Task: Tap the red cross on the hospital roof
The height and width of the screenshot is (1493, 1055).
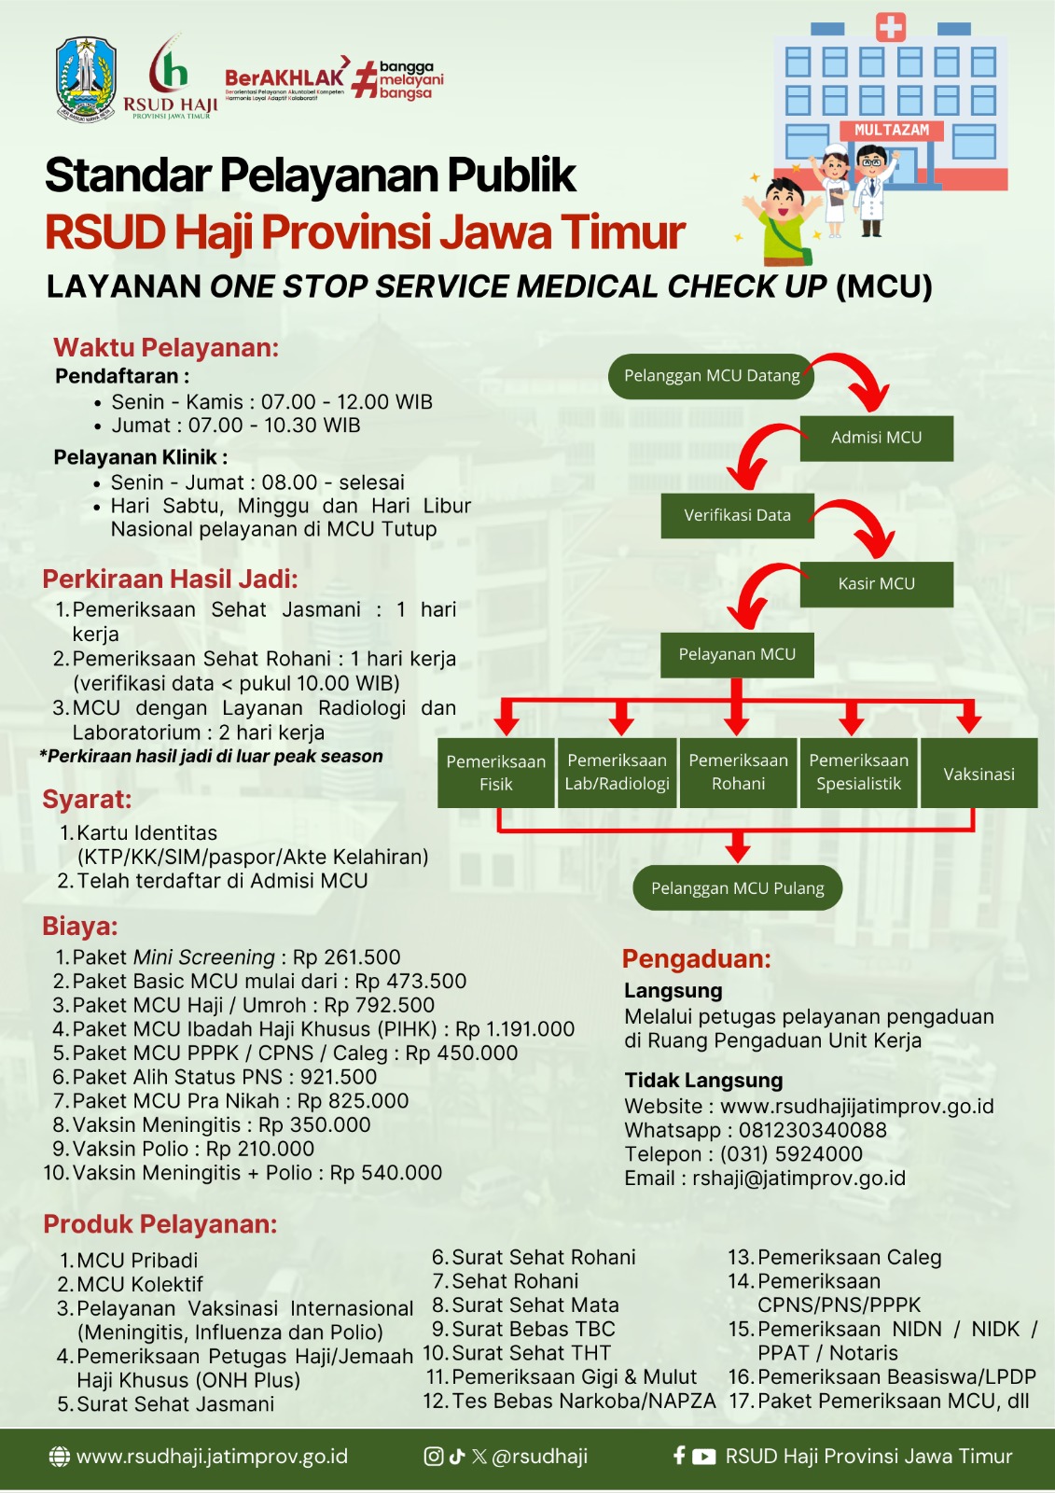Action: pyautogui.click(x=891, y=27)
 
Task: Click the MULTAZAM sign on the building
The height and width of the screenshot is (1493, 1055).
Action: pyautogui.click(x=892, y=131)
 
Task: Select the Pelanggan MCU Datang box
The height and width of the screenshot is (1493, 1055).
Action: pyautogui.click(x=712, y=376)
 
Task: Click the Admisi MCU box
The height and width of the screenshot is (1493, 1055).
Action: pyautogui.click(x=876, y=438)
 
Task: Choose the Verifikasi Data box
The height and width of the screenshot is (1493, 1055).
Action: pyautogui.click(x=737, y=515)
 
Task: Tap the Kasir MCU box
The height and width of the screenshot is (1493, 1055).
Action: pyautogui.click(x=876, y=584)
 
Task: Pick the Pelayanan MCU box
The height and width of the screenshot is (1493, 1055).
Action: pyautogui.click(x=737, y=654)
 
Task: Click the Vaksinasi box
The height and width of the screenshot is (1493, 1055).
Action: pyautogui.click(x=979, y=774)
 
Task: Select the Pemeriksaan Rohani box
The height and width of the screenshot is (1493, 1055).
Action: pyautogui.click(x=738, y=773)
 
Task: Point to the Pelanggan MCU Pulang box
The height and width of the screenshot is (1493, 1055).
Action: pyautogui.click(x=737, y=888)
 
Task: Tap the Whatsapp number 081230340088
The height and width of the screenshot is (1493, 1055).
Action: pyautogui.click(x=812, y=1130)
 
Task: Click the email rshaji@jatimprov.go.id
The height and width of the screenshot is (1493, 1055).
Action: pyautogui.click(x=798, y=1179)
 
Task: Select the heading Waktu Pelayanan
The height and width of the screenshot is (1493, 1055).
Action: pyautogui.click(x=166, y=348)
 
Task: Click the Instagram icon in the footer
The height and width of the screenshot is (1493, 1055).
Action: pyautogui.click(x=434, y=1457)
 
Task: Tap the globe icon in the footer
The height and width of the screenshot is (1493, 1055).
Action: pyautogui.click(x=59, y=1457)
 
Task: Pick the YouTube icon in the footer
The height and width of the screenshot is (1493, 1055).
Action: pyautogui.click(x=704, y=1457)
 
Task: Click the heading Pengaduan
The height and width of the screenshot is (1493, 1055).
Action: pyautogui.click(x=696, y=959)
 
